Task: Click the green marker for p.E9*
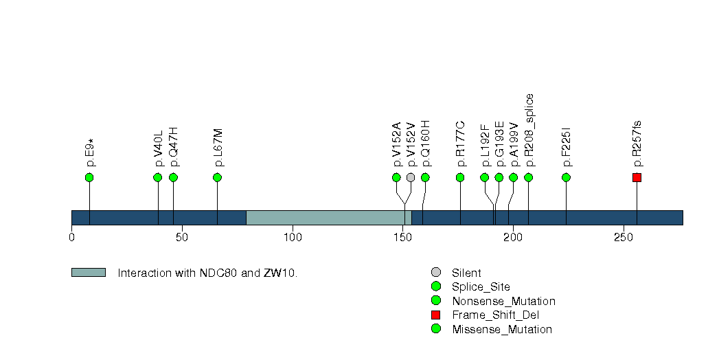(89, 177)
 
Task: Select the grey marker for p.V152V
(411, 177)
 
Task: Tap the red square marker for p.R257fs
(637, 177)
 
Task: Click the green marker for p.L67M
(218, 177)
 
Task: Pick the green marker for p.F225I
(567, 177)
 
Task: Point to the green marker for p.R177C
(460, 177)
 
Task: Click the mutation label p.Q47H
(174, 147)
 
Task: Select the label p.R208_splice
(529, 131)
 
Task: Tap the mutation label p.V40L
(158, 148)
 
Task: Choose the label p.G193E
(499, 144)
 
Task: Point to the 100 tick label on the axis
(293, 238)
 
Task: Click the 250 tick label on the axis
(624, 238)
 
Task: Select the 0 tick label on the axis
(71, 238)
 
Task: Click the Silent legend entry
(466, 273)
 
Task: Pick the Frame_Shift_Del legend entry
(495, 315)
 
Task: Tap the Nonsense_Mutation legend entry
(503, 301)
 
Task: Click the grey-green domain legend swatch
(89, 273)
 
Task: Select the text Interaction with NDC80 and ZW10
(207, 273)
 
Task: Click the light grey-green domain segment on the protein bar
(329, 217)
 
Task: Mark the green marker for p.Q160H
(425, 177)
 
